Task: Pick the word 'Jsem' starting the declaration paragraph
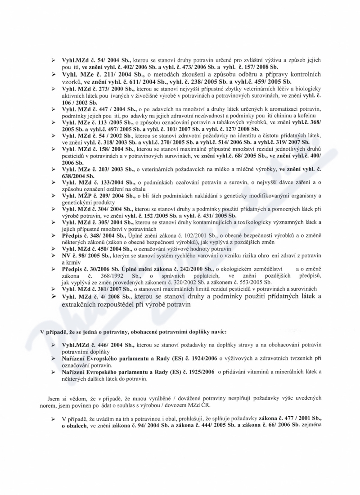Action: (x=53, y=399)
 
